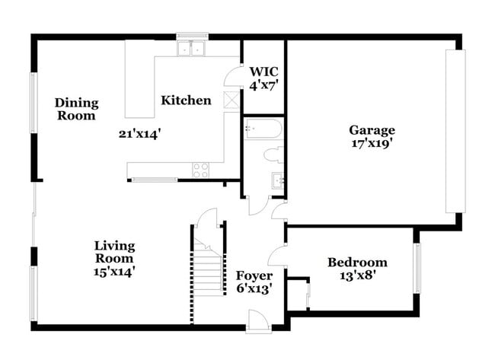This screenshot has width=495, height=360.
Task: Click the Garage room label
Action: coord(372,129)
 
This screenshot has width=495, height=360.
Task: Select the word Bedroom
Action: coord(357,263)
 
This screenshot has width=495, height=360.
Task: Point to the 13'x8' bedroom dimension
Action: coord(357,276)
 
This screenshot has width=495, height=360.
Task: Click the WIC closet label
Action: coord(263,72)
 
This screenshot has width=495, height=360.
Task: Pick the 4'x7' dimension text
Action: coord(263,85)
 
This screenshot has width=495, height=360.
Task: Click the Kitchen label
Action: coord(186,100)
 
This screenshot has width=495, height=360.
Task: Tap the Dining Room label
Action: coord(76,110)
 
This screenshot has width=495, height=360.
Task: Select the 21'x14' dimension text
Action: coord(139,133)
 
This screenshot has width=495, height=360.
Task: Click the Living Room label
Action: coord(114,252)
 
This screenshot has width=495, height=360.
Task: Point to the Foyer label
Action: coord(254,275)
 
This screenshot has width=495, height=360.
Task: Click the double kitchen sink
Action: coord(192,49)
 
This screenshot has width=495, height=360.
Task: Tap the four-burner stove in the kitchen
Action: coord(201,170)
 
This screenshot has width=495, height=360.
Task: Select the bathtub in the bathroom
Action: coord(263,129)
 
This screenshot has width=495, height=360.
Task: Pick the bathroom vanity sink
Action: coord(277,181)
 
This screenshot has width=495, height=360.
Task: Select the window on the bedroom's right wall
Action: coord(417,267)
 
